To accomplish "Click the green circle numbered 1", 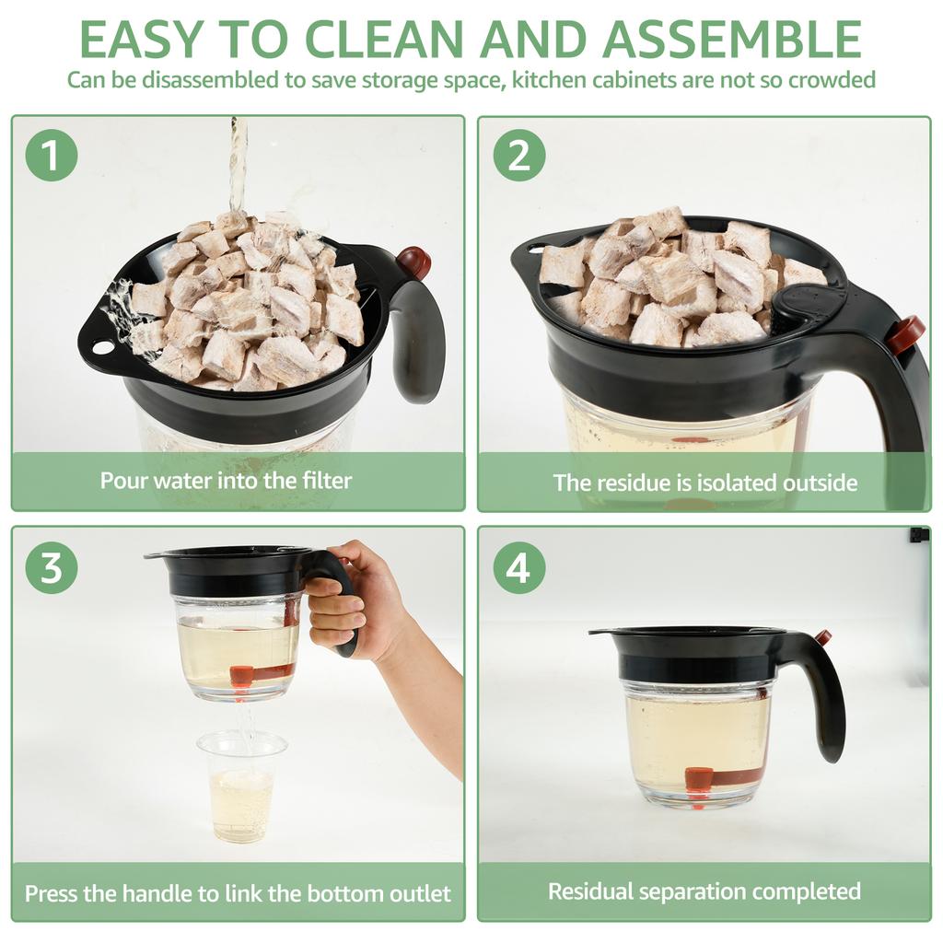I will [x=51, y=156].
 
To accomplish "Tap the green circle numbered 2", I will [x=518, y=156].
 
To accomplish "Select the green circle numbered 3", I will [x=51, y=567].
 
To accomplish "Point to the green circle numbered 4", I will [x=518, y=567].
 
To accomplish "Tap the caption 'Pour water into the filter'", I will [x=226, y=480].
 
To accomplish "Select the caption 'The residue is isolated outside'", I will [x=704, y=483].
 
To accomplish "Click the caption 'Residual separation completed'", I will [x=704, y=891].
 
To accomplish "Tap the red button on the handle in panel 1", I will [x=413, y=262].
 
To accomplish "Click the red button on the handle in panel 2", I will [x=906, y=333].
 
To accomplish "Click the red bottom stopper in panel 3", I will [x=241, y=677].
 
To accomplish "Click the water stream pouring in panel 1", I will [x=238, y=166].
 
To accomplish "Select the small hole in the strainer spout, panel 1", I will [x=102, y=348].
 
